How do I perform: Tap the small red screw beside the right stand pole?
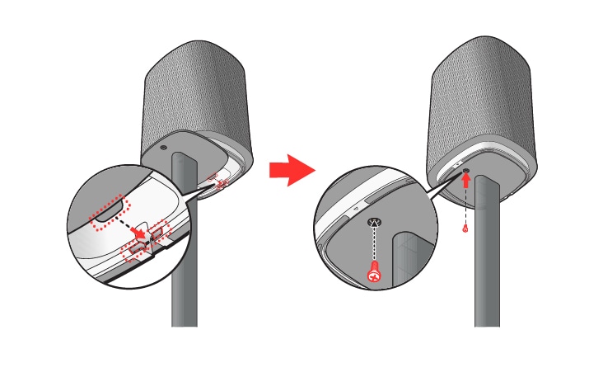pos(465,229)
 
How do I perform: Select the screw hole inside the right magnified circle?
pos(376,222)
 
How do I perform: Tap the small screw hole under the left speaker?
pos(162,148)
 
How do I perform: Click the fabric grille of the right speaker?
pos(486,91)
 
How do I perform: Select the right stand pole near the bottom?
pos(486,297)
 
